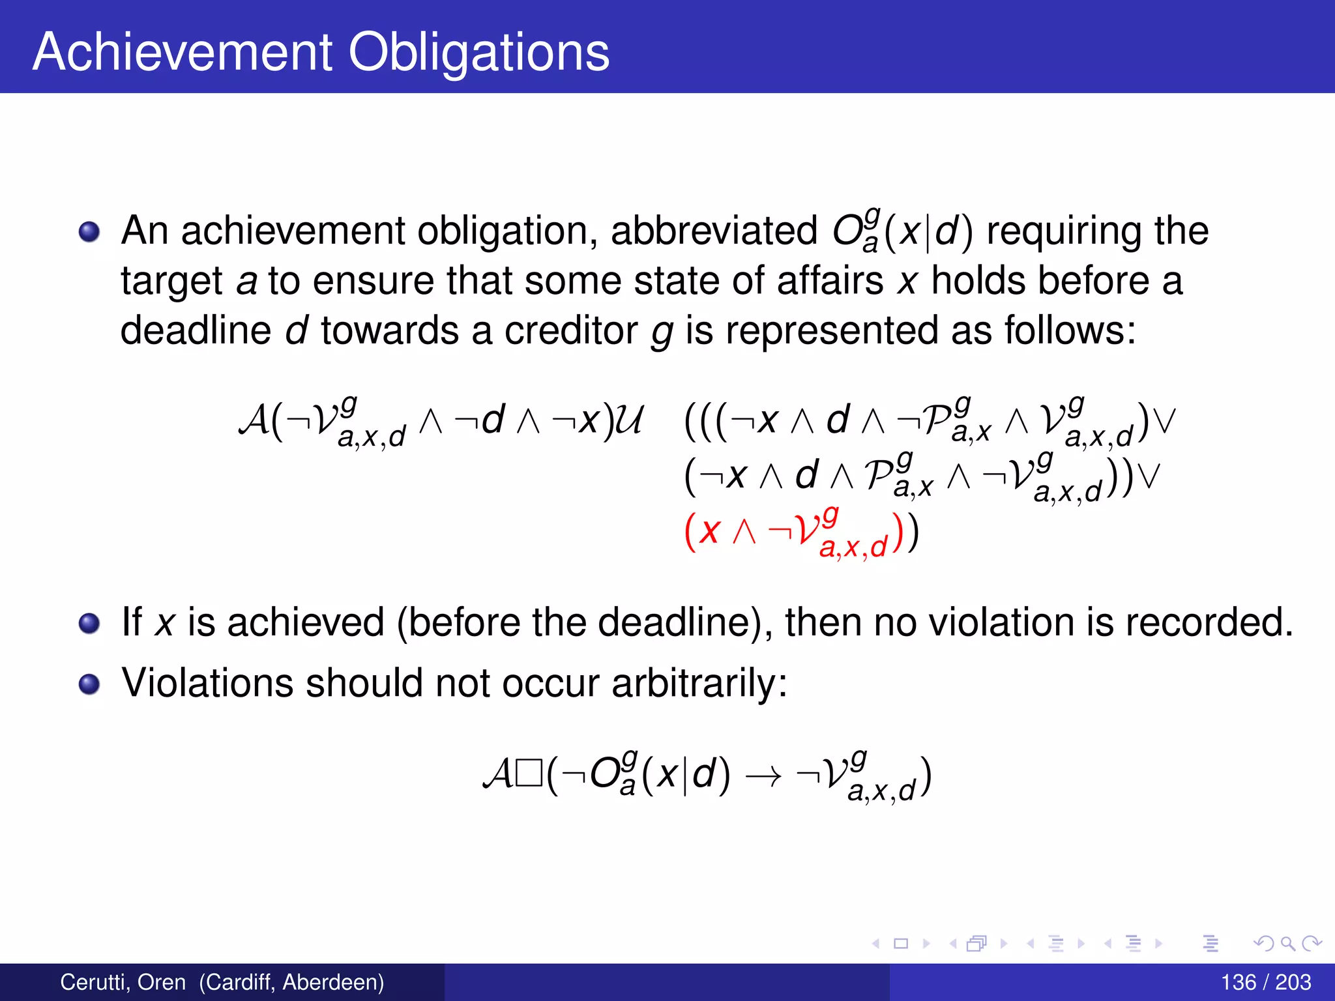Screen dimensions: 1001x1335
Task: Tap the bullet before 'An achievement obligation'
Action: pos(89,231)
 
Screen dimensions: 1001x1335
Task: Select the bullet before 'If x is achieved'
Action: pos(89,623)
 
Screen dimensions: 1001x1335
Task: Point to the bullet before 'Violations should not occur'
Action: pos(89,684)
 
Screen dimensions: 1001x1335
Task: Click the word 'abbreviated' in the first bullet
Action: pos(714,231)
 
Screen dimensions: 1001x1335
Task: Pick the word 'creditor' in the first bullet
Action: pos(570,330)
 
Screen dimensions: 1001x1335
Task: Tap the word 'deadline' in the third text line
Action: pos(196,330)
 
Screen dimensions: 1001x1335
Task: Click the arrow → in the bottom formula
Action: pos(763,776)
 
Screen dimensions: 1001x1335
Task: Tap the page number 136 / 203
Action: pos(1265,982)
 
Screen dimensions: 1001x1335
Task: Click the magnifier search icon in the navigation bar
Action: pos(1287,943)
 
